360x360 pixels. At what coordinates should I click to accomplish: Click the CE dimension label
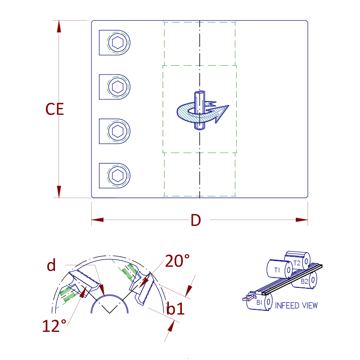click(x=54, y=109)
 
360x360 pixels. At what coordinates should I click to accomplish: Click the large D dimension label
click(x=195, y=220)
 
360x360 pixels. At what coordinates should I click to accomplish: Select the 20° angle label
click(x=177, y=261)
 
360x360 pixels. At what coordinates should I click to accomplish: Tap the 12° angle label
click(x=54, y=325)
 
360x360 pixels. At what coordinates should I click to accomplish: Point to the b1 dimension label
click(x=176, y=309)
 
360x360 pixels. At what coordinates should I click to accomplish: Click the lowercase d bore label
click(x=51, y=265)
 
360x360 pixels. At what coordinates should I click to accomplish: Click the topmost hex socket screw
click(x=117, y=44)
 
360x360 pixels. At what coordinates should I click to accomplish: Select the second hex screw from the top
click(x=117, y=87)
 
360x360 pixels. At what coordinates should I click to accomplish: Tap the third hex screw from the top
click(x=117, y=131)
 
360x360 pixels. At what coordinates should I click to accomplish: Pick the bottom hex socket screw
click(x=117, y=175)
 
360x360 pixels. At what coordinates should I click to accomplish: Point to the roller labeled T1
click(x=277, y=270)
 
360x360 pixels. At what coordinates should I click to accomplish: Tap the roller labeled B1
click(x=259, y=302)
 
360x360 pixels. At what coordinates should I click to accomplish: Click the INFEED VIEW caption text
click(x=296, y=306)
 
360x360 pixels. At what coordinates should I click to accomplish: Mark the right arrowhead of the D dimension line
click(x=302, y=219)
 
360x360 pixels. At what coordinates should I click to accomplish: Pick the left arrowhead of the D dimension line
click(x=97, y=219)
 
